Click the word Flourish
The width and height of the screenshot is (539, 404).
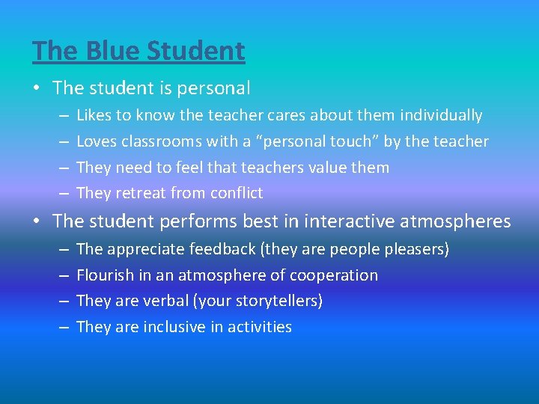105,275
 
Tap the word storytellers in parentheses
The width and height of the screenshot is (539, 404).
276,301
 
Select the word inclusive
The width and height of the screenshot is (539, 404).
173,327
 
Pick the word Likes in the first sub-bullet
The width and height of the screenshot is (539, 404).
94,115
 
